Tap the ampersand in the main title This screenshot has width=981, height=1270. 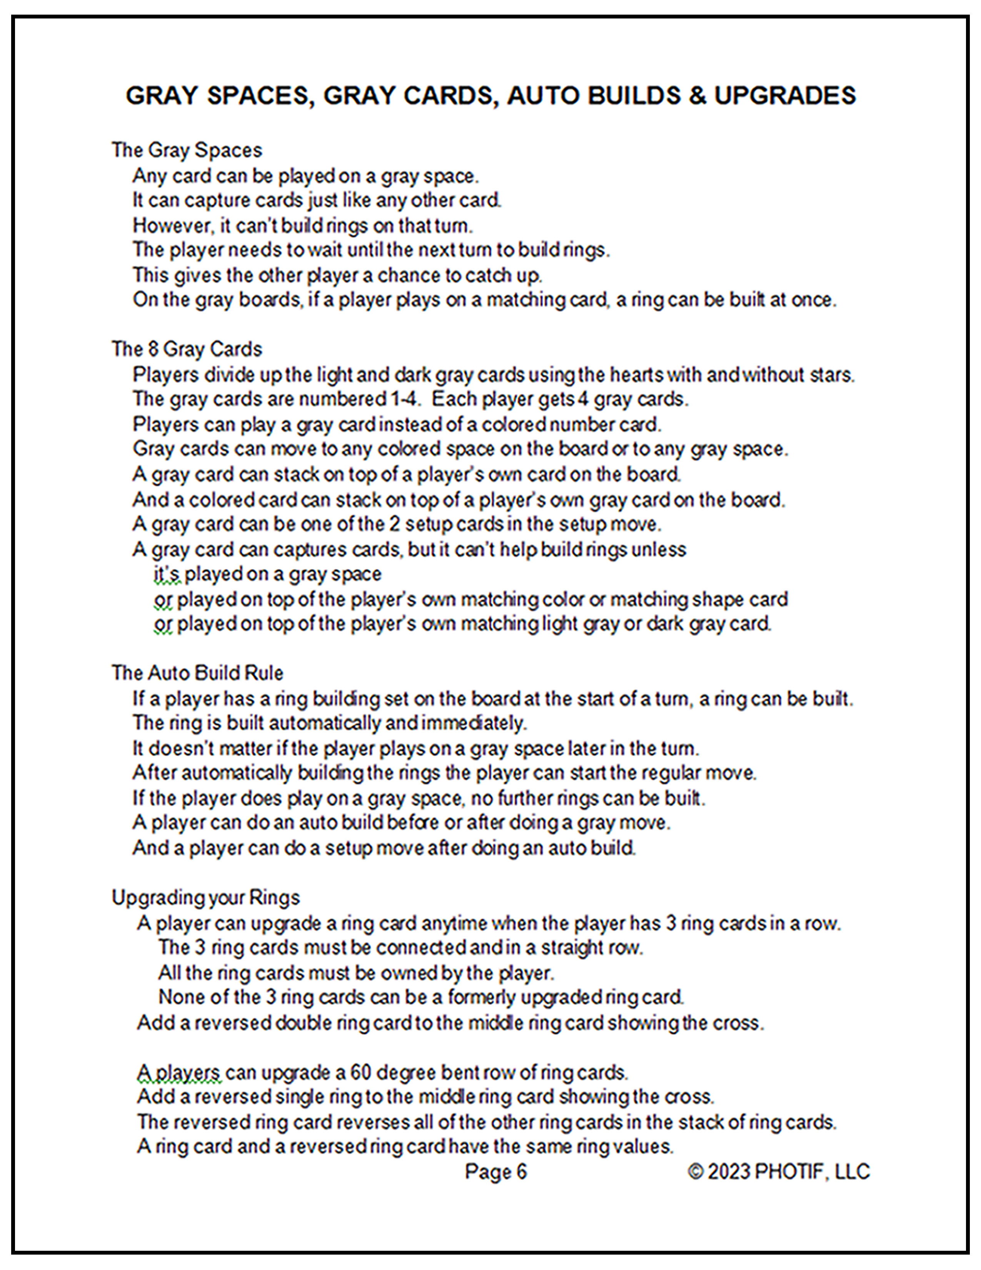click(x=697, y=96)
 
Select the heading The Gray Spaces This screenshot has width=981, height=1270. click(x=187, y=150)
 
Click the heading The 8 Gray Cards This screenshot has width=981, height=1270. click(x=187, y=349)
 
